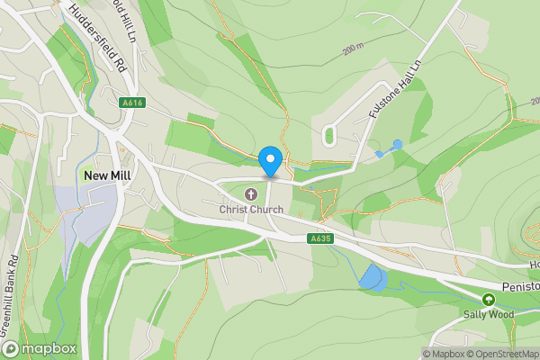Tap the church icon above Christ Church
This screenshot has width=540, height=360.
click(x=252, y=193)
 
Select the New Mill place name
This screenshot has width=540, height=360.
click(x=109, y=176)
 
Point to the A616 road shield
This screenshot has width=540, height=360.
click(x=132, y=103)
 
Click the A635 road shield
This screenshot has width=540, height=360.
click(x=319, y=238)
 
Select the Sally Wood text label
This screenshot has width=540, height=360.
click(x=488, y=314)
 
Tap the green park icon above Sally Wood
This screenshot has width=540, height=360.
click(x=489, y=299)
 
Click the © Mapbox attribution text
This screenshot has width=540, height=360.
click(x=445, y=354)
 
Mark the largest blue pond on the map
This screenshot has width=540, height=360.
click(x=372, y=278)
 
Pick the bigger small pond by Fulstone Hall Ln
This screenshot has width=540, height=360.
click(x=397, y=144)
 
